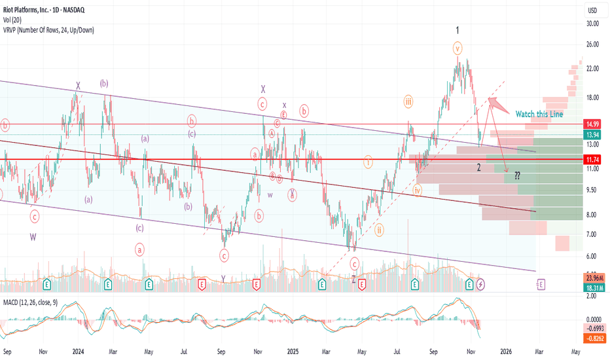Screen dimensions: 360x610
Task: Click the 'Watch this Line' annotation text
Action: click(539, 114)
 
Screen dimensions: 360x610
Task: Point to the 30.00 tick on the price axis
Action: click(593, 24)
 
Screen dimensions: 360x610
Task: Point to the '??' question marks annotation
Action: click(516, 175)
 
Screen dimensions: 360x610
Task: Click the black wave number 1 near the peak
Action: click(457, 30)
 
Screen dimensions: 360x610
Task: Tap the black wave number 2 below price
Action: click(479, 168)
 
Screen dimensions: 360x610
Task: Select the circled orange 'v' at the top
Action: click(457, 48)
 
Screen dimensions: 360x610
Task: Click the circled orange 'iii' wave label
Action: click(408, 101)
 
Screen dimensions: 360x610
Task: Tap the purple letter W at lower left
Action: click(33, 237)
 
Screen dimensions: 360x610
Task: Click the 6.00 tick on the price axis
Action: click(593, 256)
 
